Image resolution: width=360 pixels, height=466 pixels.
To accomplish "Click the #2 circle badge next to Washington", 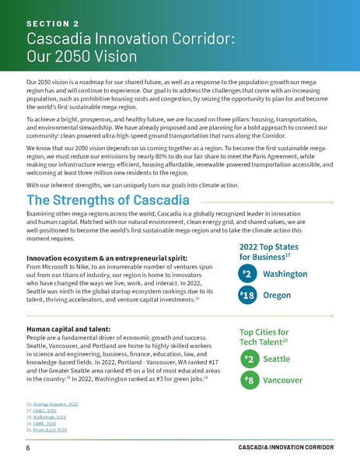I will click(247, 274).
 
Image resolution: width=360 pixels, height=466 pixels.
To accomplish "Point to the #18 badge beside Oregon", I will click(247, 296).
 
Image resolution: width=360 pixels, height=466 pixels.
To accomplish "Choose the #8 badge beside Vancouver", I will click(247, 382).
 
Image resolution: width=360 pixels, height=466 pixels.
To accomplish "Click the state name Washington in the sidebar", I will click(288, 275).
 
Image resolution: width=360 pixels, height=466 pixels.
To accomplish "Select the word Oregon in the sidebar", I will click(278, 296).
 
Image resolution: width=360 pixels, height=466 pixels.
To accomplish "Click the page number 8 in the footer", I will click(27, 450).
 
